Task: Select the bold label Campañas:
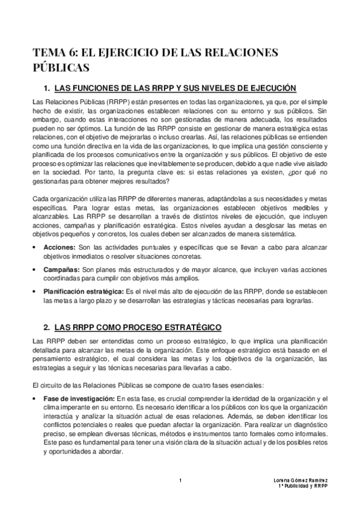coord(62,269)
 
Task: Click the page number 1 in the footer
coord(180,480)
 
